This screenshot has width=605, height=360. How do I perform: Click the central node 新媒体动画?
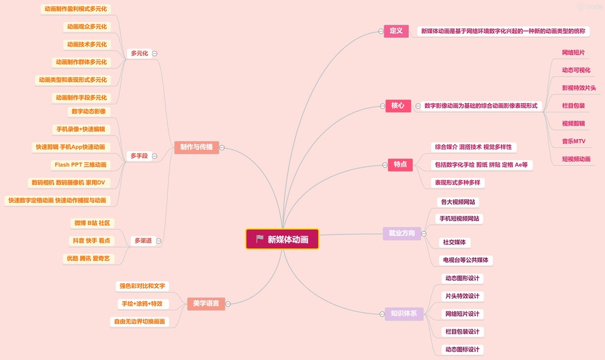click(x=282, y=239)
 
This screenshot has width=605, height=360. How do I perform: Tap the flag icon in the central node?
click(x=260, y=239)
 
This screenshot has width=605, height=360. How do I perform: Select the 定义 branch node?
click(x=396, y=31)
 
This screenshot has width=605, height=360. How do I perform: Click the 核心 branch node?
click(x=398, y=106)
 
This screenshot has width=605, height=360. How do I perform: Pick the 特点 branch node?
click(x=400, y=164)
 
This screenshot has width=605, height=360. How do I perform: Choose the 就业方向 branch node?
click(x=402, y=233)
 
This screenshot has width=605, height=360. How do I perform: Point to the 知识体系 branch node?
click(x=404, y=314)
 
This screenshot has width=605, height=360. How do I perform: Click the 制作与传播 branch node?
click(x=196, y=147)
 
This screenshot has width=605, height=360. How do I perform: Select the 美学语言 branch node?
click(x=206, y=304)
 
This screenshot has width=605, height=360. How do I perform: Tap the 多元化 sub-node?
click(x=139, y=53)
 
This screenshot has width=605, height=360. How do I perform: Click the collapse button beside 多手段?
click(x=155, y=156)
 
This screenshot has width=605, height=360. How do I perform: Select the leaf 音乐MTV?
click(x=573, y=142)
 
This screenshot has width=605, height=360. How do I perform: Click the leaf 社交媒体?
click(x=454, y=242)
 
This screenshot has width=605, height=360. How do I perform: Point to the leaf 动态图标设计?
click(x=462, y=349)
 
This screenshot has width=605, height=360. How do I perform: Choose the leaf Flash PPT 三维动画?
click(x=80, y=165)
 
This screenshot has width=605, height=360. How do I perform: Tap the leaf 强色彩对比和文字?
click(x=142, y=286)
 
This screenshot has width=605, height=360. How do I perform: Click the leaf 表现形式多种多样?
click(x=459, y=182)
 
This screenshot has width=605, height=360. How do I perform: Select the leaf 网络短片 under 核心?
click(x=573, y=53)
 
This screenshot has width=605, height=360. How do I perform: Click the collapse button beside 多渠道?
click(x=158, y=241)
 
